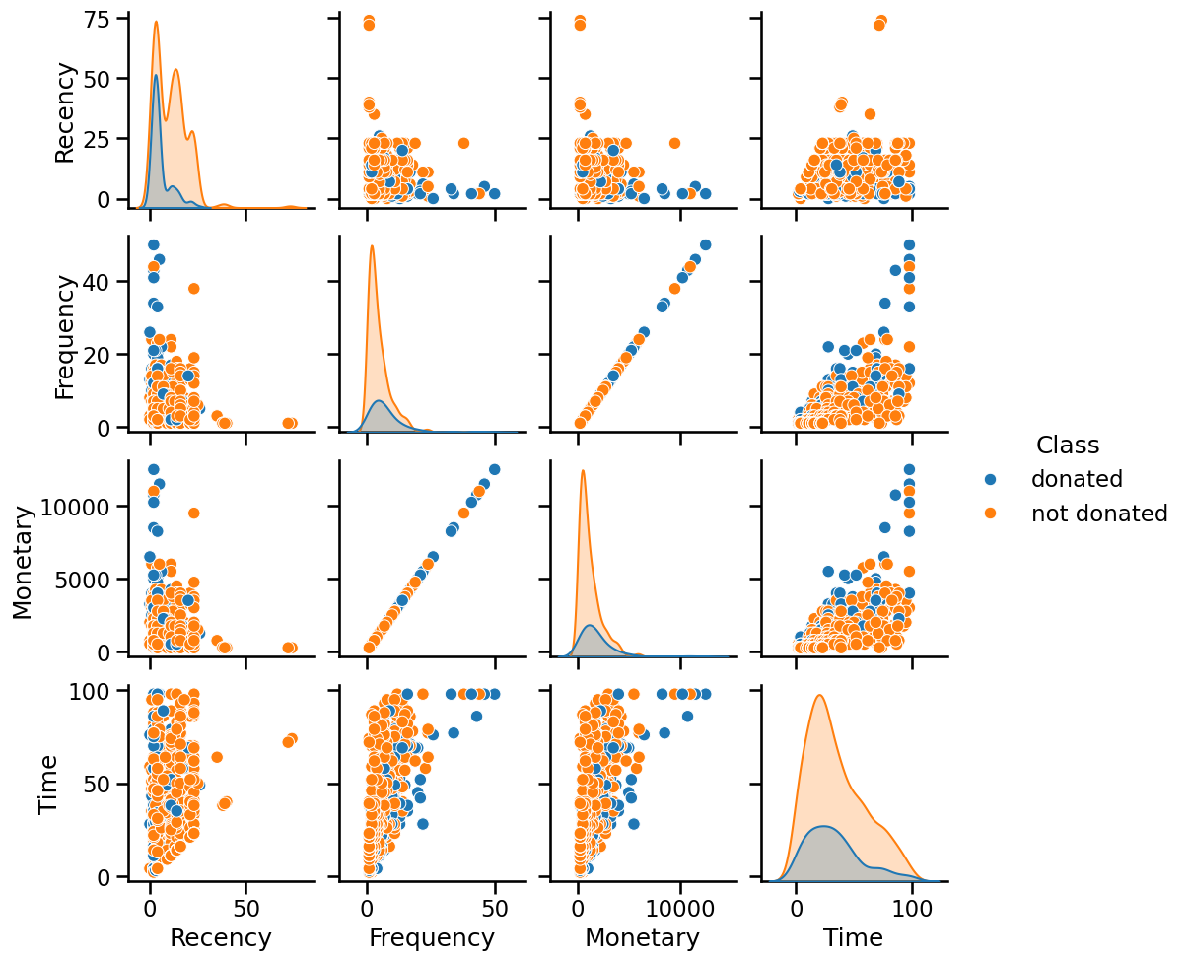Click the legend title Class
(1068, 445)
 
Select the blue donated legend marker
(992, 479)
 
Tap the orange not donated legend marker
(992, 514)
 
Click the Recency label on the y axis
(65, 111)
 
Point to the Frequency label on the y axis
(65, 335)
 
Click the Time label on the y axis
(47, 784)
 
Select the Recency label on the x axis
(221, 937)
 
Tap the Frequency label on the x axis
(432, 937)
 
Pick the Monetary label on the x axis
(642, 937)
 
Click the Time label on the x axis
(855, 937)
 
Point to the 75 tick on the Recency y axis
(104, 19)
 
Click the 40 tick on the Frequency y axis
(104, 282)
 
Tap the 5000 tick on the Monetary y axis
(92, 579)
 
